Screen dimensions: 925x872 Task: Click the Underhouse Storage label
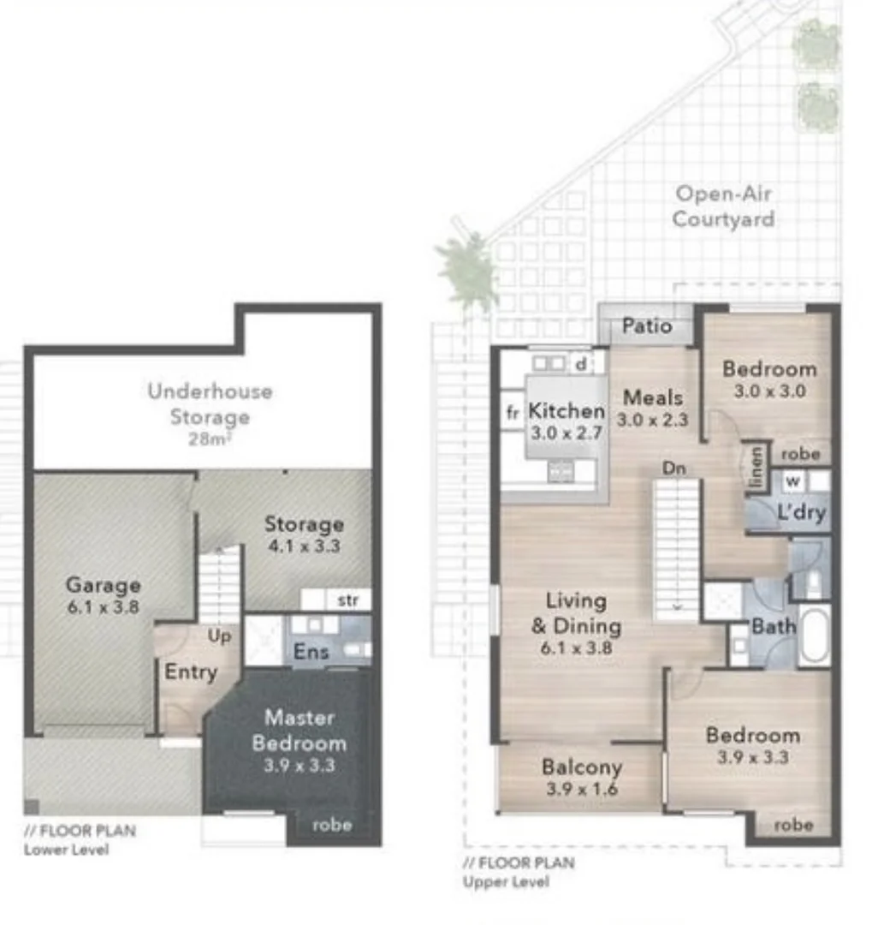(210, 404)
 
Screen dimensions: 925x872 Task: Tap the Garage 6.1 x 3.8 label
(103, 595)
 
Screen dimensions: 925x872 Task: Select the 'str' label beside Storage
(347, 600)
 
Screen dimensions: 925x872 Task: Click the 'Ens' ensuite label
(311, 652)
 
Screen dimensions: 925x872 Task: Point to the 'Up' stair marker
(221, 636)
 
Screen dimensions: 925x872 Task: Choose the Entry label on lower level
(190, 672)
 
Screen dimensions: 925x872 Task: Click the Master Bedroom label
(299, 730)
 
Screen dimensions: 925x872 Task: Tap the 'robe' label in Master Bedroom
(332, 826)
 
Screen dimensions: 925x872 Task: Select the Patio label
(646, 326)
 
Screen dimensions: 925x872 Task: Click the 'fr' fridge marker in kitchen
(513, 413)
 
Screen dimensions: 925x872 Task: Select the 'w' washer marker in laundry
(792, 481)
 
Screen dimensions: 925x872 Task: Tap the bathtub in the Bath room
(814, 635)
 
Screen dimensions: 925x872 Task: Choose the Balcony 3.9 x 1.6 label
(582, 777)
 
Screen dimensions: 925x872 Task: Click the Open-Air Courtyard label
(723, 206)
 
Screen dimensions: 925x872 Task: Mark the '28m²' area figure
(210, 439)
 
